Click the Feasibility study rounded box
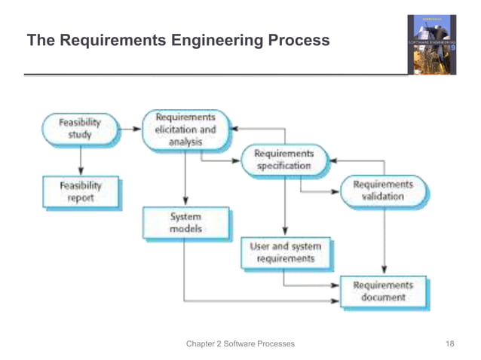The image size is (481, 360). [x=79, y=129]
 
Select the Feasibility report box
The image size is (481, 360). [x=79, y=191]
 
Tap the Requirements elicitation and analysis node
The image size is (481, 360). [x=185, y=129]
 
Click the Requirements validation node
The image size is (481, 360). [x=383, y=191]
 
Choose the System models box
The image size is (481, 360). [x=185, y=222]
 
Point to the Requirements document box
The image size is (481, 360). [x=383, y=291]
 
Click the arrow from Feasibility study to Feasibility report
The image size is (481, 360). [x=79, y=160]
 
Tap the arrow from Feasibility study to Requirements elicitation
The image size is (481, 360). [x=130, y=129]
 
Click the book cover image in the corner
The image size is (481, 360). [x=431, y=44]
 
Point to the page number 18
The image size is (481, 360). [x=450, y=344]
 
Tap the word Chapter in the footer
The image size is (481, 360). [x=202, y=344]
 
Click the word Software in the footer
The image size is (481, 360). [x=247, y=344]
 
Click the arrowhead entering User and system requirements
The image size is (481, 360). [x=284, y=230]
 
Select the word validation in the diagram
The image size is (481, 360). [x=383, y=197]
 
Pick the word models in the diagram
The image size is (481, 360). [x=185, y=229]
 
